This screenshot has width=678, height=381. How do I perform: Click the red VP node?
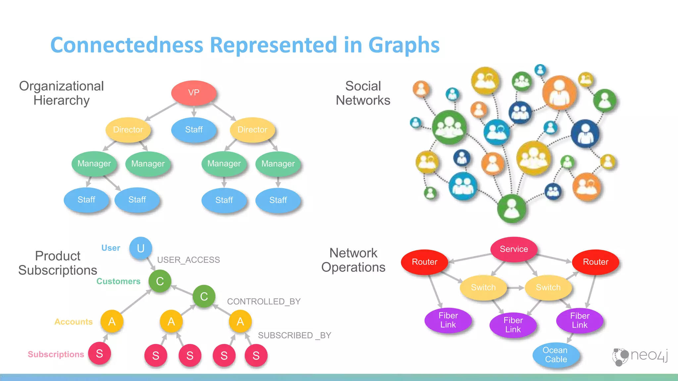pos(194,93)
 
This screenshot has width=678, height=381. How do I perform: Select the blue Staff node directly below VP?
pos(194,130)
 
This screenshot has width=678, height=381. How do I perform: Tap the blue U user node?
pos(141,248)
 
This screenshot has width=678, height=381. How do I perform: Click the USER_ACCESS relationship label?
pos(188,260)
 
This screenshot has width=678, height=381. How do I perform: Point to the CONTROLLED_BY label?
pos(264,302)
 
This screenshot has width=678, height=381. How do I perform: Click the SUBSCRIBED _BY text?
pos(294,335)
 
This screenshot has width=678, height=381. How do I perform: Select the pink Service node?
pos(514,249)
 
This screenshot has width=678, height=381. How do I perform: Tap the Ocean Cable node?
pos(556,355)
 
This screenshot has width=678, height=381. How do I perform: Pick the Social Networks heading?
pos(363,93)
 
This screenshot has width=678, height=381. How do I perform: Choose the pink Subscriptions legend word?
pos(56,354)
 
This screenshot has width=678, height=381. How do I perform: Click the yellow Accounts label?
pos(73,322)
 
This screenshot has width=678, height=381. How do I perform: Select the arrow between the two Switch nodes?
pos(515,288)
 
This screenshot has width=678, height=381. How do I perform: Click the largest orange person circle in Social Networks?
pos(559,92)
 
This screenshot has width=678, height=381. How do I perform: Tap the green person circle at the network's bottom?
pos(511,209)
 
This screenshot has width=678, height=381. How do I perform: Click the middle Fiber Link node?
pos(513,325)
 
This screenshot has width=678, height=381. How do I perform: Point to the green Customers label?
pos(119,281)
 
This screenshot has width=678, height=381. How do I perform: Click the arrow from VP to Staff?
pos(194,111)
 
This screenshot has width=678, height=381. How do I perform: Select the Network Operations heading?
pos(353,260)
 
